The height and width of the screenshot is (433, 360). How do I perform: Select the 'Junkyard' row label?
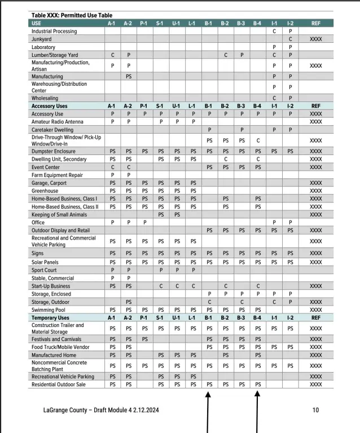43,39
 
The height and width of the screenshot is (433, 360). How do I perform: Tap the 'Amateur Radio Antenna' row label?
58,121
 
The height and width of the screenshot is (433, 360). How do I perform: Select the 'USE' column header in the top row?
38,23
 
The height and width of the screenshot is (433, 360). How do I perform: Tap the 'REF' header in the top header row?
316,23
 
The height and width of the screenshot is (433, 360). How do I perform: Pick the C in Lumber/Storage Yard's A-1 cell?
113,55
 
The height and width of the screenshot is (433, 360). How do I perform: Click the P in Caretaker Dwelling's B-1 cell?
209,130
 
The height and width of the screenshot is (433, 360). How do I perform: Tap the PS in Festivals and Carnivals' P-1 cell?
144,339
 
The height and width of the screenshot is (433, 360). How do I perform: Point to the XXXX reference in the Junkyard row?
316,39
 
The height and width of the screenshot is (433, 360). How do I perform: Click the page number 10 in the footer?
315,410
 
